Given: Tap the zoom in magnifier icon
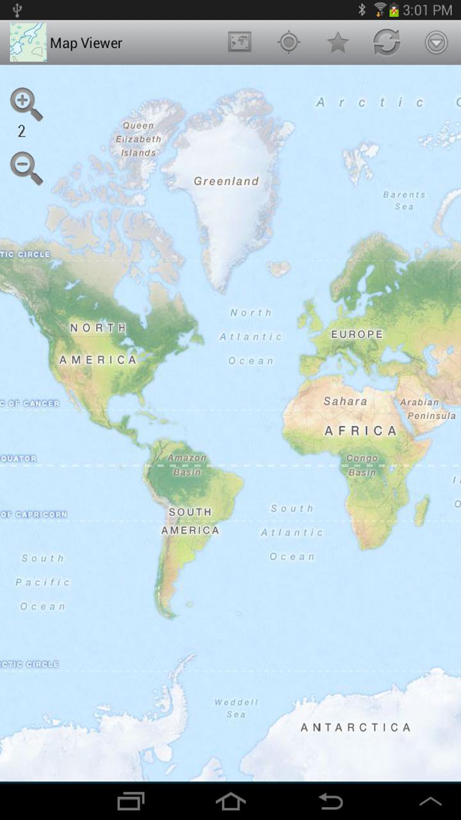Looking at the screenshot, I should (x=25, y=104).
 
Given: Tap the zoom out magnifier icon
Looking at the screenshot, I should (x=25, y=168).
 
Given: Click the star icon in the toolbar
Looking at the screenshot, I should (x=337, y=43).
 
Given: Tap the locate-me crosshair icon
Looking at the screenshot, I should (x=289, y=43).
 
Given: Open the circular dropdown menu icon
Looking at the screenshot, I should (x=436, y=43).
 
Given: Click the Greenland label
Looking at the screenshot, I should (x=226, y=181).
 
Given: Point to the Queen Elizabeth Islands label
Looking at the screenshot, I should (x=138, y=139).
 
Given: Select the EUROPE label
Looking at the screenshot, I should (x=357, y=334).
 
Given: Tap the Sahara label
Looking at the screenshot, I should (x=345, y=402).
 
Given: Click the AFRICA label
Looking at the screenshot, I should (x=360, y=430).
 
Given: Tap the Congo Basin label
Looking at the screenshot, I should (x=362, y=465).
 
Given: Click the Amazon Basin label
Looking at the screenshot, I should (x=187, y=464).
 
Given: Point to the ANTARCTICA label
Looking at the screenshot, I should (x=355, y=727).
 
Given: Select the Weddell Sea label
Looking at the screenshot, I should (x=236, y=708).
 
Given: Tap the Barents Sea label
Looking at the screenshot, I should (x=404, y=200).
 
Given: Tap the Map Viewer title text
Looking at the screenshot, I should (x=86, y=43).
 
